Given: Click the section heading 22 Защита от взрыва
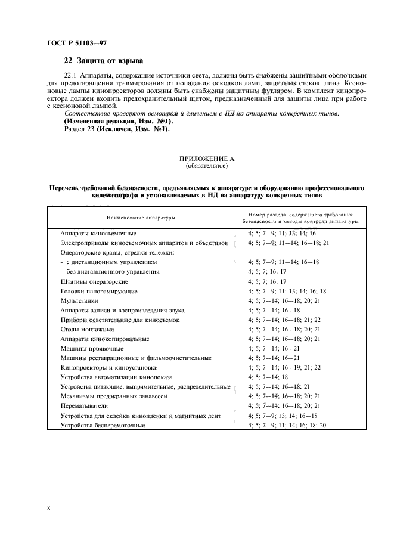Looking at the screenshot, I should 104,60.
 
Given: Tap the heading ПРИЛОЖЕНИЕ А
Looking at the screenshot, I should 196,159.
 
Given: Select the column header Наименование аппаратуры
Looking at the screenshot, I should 141,218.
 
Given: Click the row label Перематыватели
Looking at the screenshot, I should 84,405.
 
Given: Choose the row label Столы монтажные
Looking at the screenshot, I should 87,329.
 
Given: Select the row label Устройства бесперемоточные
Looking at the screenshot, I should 103,424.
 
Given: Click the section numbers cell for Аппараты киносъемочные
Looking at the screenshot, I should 281,234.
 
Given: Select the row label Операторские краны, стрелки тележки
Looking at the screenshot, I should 108,253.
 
